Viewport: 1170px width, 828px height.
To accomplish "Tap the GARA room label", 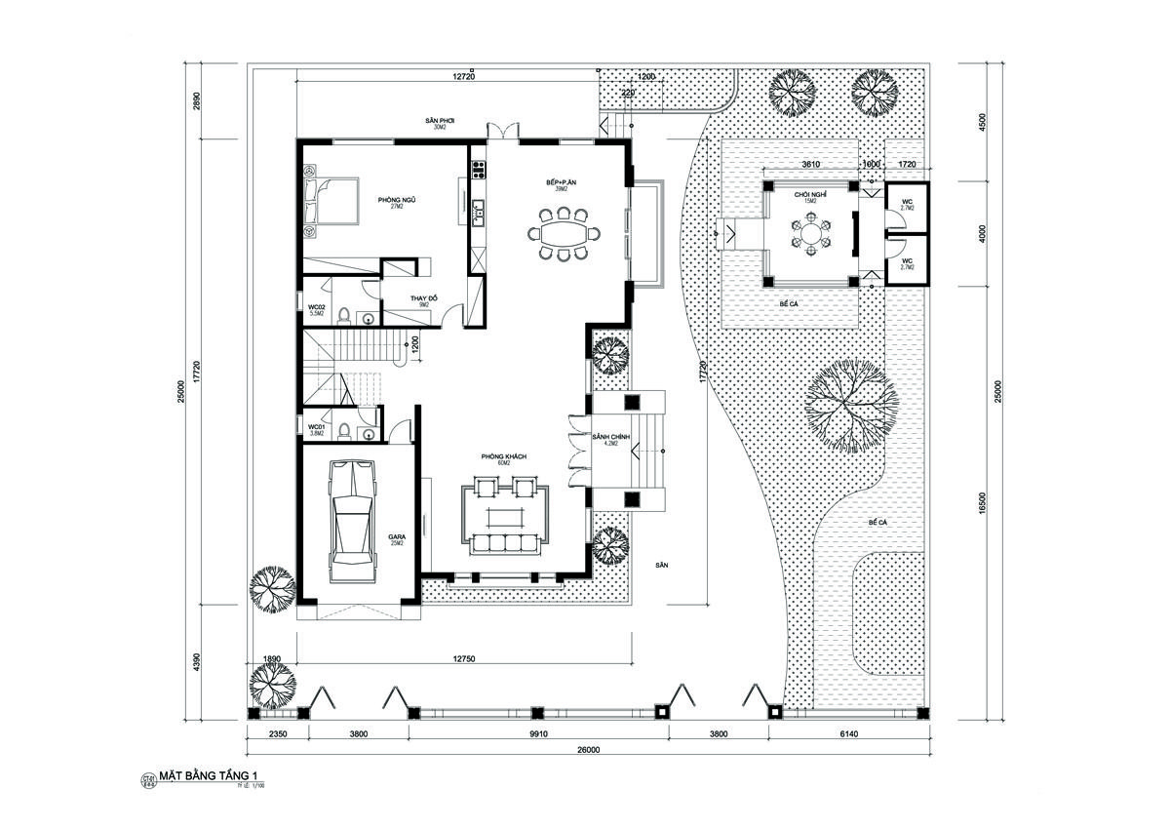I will tap(398, 537).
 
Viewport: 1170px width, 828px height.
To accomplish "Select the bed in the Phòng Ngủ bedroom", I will tap(329, 201).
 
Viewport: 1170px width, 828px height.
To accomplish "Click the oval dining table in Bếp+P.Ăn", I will tap(564, 234).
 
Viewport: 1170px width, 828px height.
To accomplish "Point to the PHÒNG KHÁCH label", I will tap(502, 456).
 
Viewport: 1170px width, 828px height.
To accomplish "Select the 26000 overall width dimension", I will tap(588, 750).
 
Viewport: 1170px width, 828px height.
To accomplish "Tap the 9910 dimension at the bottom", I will tap(538, 734).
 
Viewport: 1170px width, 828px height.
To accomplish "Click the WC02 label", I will tap(316, 308).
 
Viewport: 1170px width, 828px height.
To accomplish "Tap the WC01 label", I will tap(316, 427).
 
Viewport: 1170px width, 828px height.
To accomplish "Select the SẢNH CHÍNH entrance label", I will tap(611, 437).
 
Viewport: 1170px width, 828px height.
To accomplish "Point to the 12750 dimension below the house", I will tap(463, 660).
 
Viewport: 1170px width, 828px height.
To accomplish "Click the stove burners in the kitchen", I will tap(478, 170).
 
